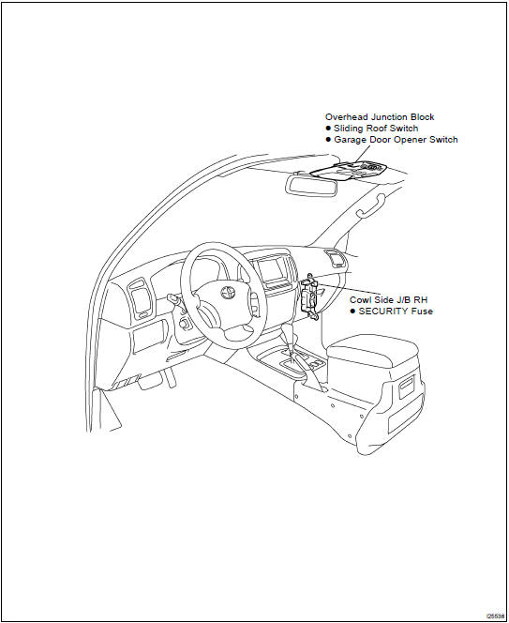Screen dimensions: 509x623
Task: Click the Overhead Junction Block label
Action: (x=380, y=116)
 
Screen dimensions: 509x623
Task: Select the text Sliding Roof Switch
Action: (x=376, y=129)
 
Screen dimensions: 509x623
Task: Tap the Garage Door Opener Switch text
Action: (x=396, y=140)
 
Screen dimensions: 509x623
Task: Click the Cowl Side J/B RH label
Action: (x=389, y=299)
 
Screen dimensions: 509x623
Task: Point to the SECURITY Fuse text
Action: (x=396, y=311)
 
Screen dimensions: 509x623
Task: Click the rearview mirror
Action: (x=312, y=185)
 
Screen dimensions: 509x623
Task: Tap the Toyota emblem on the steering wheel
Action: (x=228, y=293)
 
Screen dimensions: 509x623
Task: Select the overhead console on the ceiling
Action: (x=350, y=171)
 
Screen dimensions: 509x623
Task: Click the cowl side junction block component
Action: (x=309, y=296)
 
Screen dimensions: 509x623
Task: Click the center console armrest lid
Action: (x=372, y=351)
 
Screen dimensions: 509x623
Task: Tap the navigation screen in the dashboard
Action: (x=270, y=270)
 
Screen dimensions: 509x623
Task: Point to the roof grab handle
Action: (x=371, y=205)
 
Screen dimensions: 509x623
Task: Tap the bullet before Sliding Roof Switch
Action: (x=328, y=129)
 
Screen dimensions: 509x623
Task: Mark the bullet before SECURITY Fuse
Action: (x=352, y=311)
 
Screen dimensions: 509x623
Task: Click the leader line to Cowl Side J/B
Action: (x=348, y=289)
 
